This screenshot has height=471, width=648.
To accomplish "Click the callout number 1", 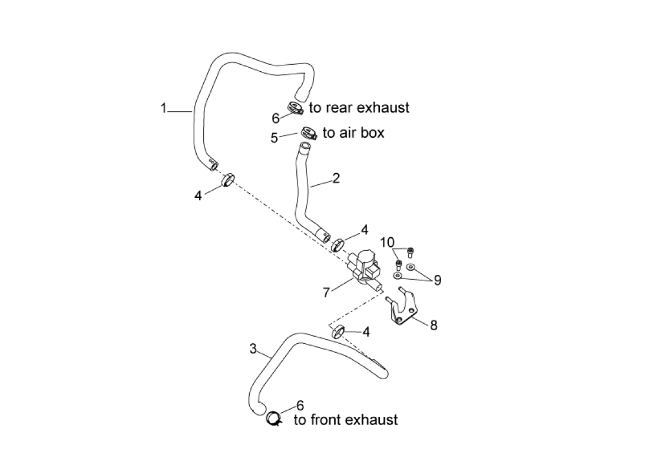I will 164,108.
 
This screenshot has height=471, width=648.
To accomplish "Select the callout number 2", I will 336,178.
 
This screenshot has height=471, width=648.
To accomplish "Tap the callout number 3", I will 253,349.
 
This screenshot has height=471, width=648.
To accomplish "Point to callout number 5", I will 275,138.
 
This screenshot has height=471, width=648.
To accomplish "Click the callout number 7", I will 326,292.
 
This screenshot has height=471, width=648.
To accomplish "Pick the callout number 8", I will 434,324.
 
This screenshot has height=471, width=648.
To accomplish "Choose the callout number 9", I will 437,280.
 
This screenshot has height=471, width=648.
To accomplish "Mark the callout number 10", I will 387,243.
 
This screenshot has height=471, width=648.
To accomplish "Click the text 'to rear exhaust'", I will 359,108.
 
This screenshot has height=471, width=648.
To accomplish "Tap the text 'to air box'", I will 353,133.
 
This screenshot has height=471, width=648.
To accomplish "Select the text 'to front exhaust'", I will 346,420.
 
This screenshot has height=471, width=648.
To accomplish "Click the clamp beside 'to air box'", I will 308,133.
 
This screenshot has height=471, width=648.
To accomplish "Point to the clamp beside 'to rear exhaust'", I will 296,108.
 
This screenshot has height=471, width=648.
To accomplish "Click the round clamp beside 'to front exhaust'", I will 273,418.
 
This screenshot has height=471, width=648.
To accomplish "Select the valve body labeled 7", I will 365,268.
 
